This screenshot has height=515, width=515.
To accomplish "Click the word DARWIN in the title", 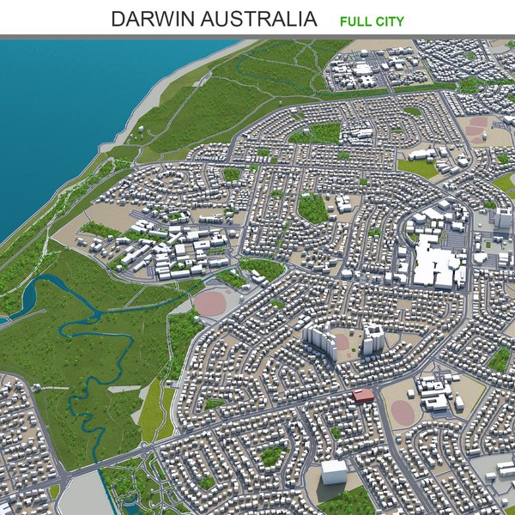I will click(150, 19).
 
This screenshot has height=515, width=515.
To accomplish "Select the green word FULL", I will click(355, 21).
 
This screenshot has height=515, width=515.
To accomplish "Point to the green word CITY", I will click(389, 21).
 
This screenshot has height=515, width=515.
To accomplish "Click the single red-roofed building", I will click(363, 395).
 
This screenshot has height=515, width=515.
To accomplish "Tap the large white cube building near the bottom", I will click(334, 471).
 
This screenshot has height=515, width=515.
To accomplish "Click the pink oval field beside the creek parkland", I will click(210, 303).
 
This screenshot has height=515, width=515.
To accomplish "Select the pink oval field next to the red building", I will click(401, 411).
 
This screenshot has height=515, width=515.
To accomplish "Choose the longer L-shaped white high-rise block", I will click(318, 341).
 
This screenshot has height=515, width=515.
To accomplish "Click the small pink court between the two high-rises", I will click(342, 342).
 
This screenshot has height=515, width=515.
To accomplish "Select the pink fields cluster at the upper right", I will click(476, 129).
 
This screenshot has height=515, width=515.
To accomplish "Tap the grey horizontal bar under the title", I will click(257, 37).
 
